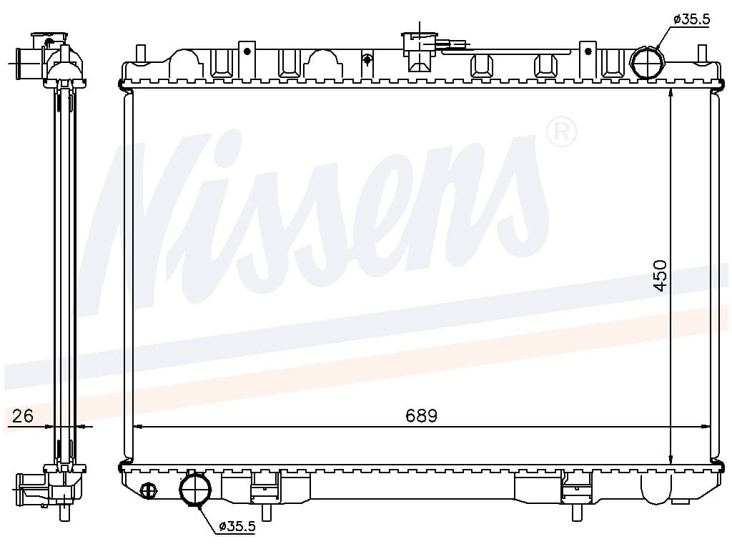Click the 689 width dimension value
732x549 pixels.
coord(421,415)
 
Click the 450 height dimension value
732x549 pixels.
coord(661,275)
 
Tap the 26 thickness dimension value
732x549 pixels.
coord(22,415)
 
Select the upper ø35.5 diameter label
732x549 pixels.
coord(691,19)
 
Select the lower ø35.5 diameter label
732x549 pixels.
coord(237,527)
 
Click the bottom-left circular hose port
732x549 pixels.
coord(195,489)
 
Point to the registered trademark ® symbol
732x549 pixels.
coord(562,132)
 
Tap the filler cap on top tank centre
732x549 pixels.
coord(419,51)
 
